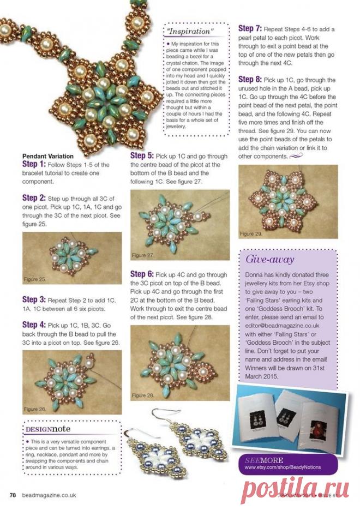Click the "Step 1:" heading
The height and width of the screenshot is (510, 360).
(34, 164)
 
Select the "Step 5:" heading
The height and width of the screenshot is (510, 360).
(142, 156)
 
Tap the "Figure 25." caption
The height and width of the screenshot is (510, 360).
(35, 279)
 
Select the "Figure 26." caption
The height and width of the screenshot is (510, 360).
(35, 409)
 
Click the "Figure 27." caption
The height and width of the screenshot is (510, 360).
(143, 255)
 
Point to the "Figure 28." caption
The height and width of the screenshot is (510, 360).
(143, 394)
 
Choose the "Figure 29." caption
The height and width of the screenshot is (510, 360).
(251, 233)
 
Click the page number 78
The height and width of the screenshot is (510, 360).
(12, 495)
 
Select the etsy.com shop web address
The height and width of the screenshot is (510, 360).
(283, 467)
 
